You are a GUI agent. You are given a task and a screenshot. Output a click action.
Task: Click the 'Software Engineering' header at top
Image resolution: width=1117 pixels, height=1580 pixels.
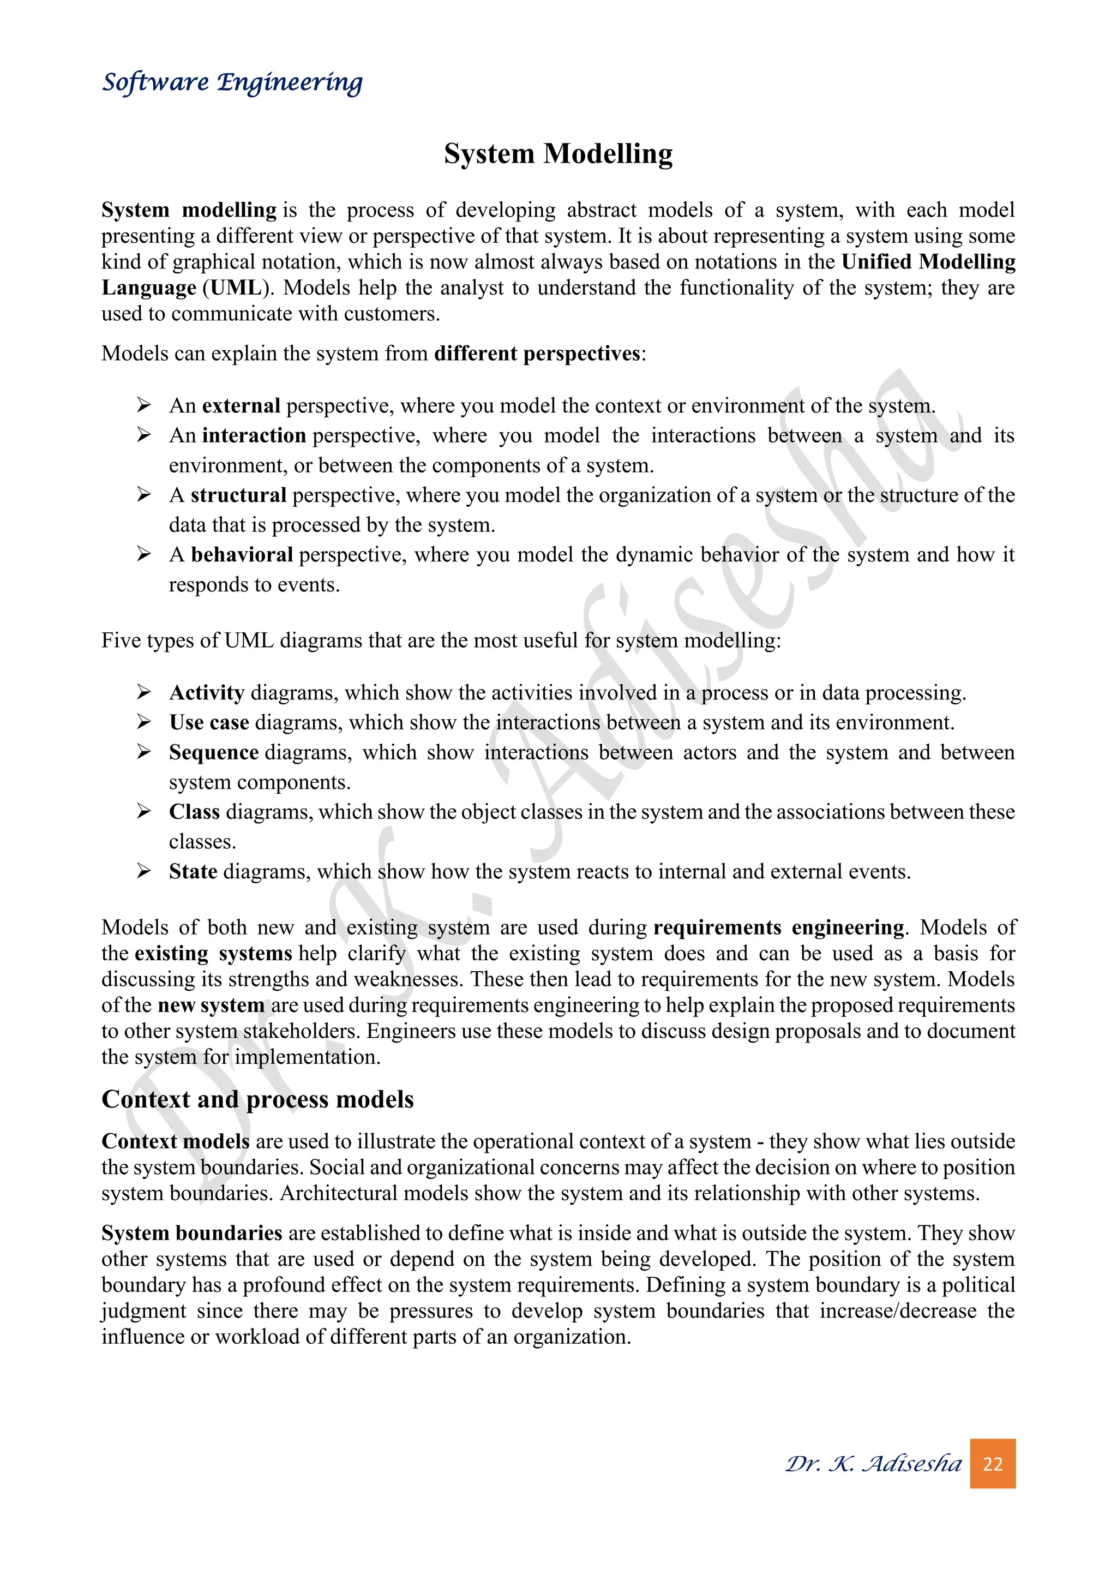(232, 82)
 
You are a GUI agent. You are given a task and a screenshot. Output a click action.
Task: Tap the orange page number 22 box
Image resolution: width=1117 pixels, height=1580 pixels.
(993, 1463)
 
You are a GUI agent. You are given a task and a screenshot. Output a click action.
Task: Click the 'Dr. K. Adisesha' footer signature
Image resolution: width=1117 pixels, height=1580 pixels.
(874, 1463)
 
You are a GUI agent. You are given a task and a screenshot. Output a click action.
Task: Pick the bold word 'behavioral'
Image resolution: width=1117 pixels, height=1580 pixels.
(242, 555)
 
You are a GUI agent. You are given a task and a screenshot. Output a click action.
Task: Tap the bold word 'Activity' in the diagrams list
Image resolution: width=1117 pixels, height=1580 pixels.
(206, 692)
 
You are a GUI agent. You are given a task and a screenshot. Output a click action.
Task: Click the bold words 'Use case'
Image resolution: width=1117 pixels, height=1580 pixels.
(209, 722)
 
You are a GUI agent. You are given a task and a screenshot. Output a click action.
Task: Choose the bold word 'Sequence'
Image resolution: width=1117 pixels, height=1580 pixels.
(213, 752)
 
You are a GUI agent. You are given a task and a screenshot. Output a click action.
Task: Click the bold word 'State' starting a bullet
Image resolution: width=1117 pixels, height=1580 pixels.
(193, 871)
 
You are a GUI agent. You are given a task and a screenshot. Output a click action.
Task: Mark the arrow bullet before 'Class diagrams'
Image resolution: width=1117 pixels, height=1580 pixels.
(144, 811)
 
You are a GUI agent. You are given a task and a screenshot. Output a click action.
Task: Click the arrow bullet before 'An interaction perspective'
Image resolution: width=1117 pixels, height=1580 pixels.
(144, 435)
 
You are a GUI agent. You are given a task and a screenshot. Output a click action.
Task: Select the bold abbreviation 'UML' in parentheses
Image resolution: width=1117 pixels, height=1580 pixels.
(235, 288)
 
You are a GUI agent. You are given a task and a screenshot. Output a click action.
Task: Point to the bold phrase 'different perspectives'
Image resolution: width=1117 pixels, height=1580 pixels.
(537, 353)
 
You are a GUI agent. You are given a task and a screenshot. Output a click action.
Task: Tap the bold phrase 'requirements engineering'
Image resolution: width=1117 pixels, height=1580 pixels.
(779, 927)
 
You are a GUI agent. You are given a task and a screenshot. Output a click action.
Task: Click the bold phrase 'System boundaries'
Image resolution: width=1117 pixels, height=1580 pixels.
(192, 1232)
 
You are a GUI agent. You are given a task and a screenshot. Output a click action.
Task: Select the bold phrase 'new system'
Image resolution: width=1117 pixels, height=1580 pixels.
(211, 1005)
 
